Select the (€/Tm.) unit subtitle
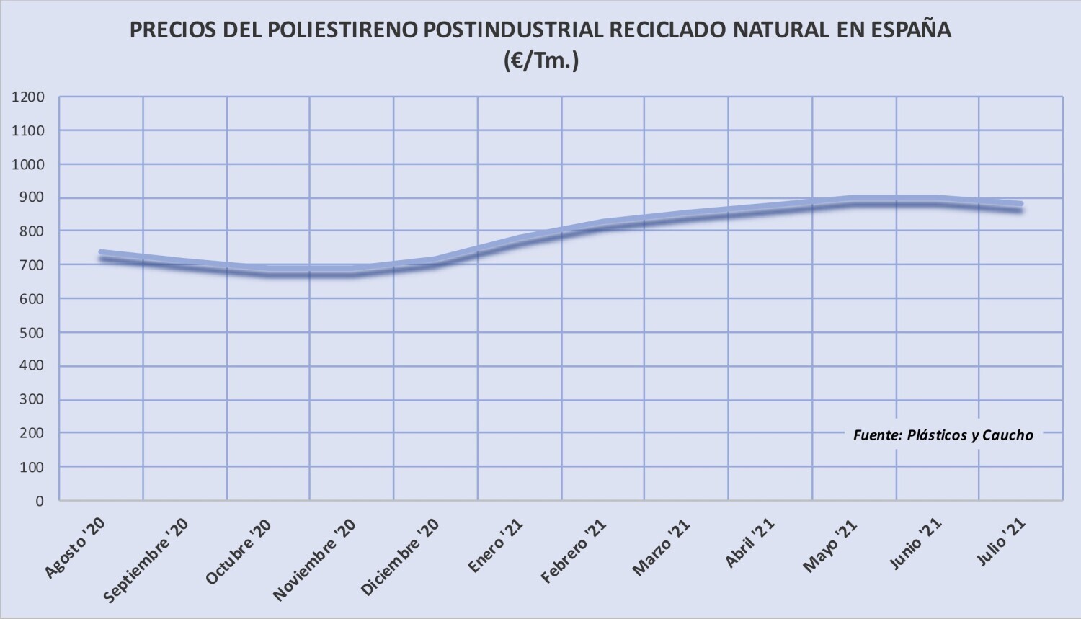pos(541,62)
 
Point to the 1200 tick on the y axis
pos(28,97)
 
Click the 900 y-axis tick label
pos(31,198)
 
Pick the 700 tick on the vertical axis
pos(31,265)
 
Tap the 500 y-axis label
pos(31,332)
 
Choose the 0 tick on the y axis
pos(40,501)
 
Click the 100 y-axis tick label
pos(31,467)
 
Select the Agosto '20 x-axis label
pos(76,548)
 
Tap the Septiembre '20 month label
pos(146,561)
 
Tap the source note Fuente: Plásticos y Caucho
pos(943,435)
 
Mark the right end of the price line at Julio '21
pos(1020,207)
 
